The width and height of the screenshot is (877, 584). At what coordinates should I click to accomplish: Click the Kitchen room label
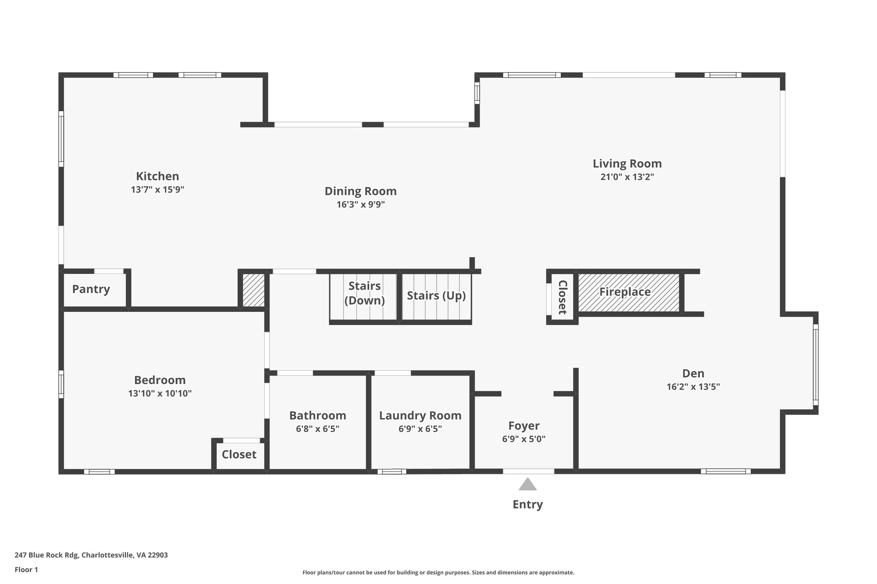coord(157,176)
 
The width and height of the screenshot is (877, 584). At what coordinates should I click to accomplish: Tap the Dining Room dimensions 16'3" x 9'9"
coord(361,205)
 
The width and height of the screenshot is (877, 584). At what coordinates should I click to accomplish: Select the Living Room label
coord(627,163)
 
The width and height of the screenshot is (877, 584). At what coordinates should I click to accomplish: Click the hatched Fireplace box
coord(628,292)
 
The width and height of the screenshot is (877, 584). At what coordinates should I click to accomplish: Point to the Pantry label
coord(91,289)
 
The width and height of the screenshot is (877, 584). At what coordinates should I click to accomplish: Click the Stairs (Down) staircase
coord(364,296)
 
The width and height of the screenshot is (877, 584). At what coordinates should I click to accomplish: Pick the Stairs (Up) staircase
coord(436,296)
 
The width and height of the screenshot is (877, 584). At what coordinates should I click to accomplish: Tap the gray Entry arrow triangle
coord(528,485)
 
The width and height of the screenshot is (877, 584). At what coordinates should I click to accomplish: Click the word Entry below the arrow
coord(528,504)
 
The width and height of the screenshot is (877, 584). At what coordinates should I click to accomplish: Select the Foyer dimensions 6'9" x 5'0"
coord(524,439)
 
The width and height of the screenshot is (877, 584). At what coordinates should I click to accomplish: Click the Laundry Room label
coord(420,415)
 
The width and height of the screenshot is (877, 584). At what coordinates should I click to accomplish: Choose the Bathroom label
coord(317,415)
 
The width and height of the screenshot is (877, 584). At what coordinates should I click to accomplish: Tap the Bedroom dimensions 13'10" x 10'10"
coord(160,394)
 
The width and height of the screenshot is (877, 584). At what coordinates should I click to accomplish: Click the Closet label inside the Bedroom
coord(239,454)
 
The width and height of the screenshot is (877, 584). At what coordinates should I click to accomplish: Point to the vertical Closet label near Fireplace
coord(562,297)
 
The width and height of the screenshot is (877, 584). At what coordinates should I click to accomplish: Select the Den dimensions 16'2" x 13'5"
coord(693,387)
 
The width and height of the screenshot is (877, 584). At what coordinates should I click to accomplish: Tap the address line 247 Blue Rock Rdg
coord(91,555)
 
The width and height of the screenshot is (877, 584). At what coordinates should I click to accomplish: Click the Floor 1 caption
coord(26,569)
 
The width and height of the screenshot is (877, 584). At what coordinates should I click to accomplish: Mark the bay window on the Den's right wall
coord(815,365)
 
